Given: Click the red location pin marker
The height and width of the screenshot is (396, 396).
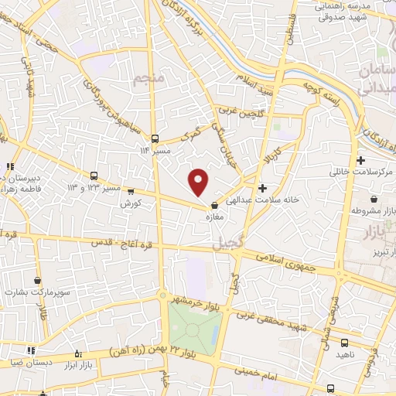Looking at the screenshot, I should pos(199,181).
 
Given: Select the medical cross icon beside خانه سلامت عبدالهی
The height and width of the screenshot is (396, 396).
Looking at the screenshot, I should pos(263,188).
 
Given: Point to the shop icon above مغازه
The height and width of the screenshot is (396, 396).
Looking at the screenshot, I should pos(214,205).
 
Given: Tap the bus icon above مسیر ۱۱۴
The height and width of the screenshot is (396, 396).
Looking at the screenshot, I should pos(155,138).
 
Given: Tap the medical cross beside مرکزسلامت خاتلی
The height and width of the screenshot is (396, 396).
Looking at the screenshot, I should pos(361,160).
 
